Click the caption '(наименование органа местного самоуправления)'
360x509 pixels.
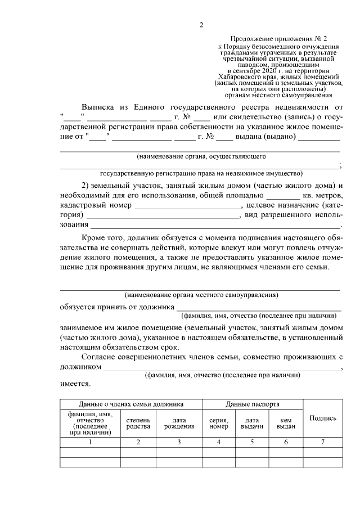(x=201, y=294)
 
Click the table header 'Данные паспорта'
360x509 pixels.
(x=253, y=404)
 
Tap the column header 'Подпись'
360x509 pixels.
(x=323, y=418)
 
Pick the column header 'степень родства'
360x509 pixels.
(x=138, y=423)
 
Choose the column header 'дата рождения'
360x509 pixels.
(x=179, y=423)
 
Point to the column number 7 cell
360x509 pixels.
(x=323, y=442)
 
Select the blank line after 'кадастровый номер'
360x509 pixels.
(x=188, y=207)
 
